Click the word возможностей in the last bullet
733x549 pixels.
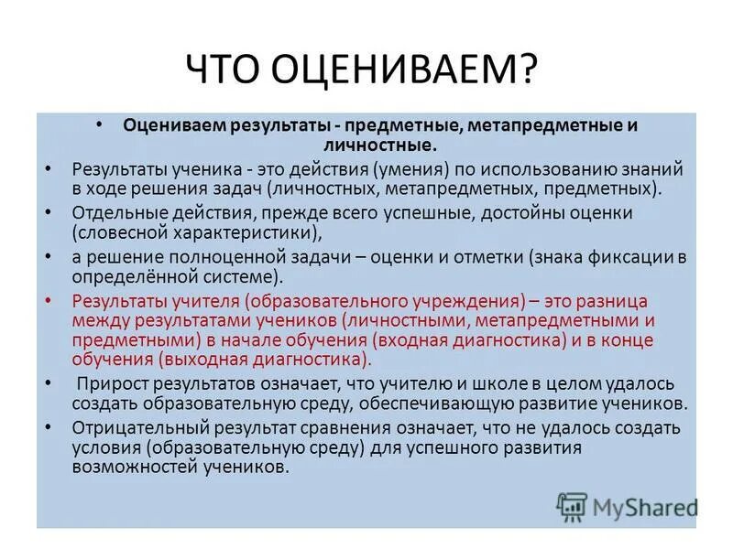119,467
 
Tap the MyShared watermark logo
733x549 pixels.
627,506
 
